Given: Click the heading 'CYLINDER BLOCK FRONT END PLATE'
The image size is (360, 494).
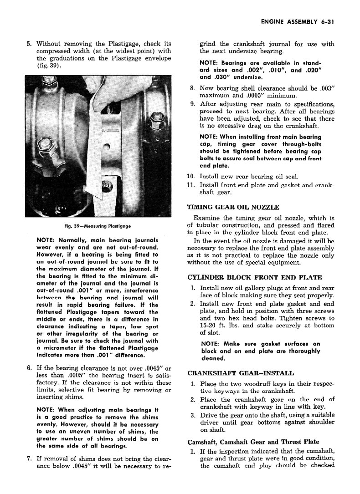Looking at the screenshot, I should pyautogui.click(x=248, y=277).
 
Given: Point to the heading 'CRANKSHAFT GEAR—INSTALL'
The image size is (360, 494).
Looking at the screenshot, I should pyautogui.click(x=241, y=373).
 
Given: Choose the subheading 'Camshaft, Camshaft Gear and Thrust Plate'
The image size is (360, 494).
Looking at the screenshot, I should pyautogui.click(x=254, y=442).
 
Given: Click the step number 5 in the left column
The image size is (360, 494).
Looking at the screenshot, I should pyautogui.click(x=29, y=44).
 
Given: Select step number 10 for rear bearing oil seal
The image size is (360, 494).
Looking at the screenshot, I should pyautogui.click(x=191, y=176).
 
